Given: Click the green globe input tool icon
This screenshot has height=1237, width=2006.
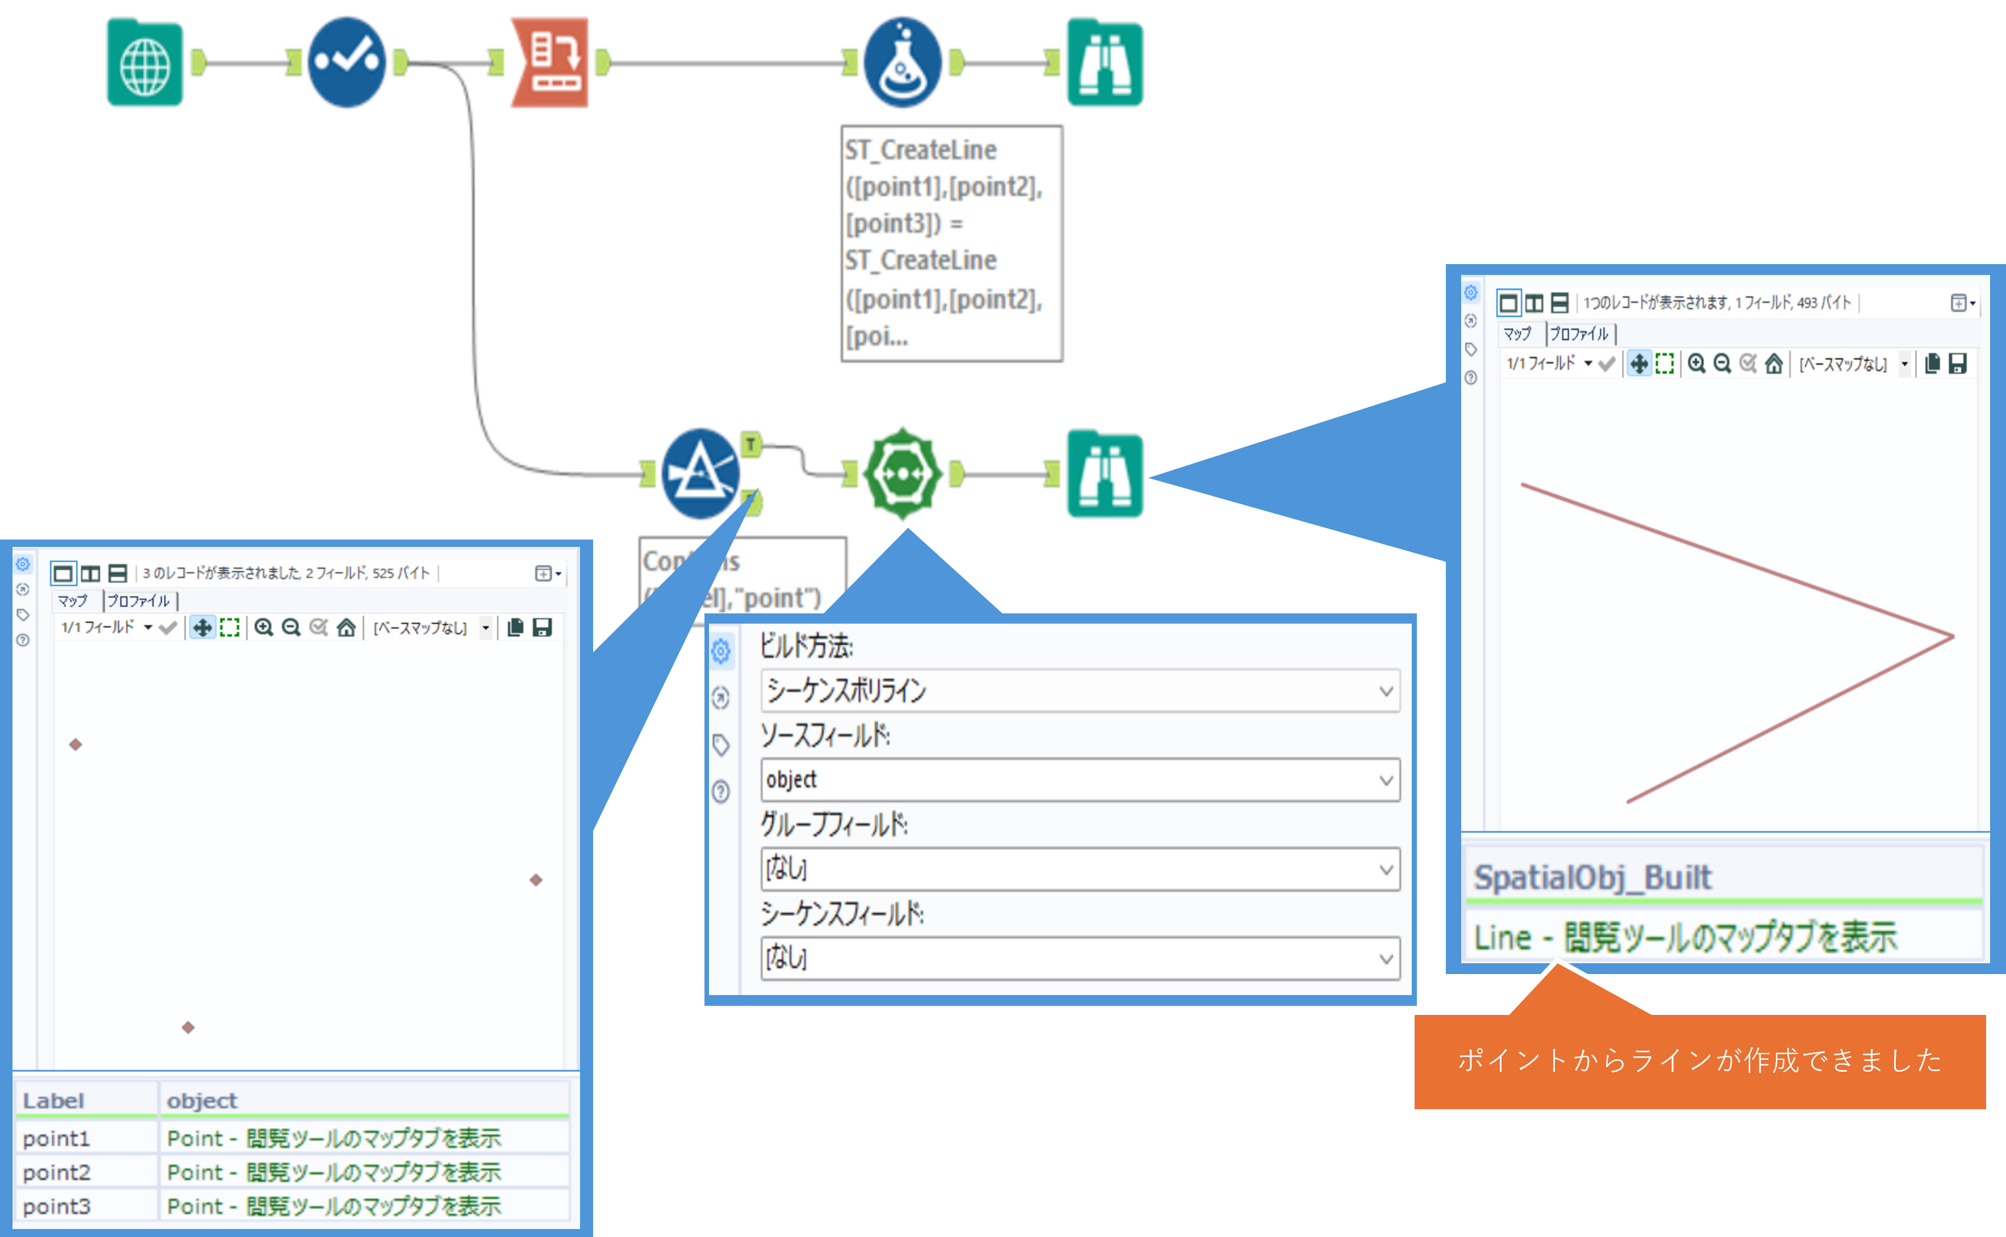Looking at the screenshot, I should click(x=145, y=64).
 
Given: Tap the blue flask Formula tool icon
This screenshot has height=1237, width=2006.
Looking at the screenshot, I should click(x=902, y=63).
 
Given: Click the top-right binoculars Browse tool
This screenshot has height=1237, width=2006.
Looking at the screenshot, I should click(x=1104, y=64).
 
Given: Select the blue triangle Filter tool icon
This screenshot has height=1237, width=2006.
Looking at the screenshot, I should click(x=700, y=474).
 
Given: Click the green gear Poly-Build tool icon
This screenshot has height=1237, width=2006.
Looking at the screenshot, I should click(x=902, y=474).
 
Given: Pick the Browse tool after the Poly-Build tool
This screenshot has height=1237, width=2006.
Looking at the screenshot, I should click(x=1104, y=474).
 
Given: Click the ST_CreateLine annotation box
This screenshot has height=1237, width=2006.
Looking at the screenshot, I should click(x=952, y=243).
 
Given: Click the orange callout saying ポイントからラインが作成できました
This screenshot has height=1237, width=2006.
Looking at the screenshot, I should click(x=1699, y=1060).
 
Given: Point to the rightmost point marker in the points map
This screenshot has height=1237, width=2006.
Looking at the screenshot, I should click(x=536, y=880).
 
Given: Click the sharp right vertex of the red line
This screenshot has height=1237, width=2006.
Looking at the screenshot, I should click(x=1953, y=637).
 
